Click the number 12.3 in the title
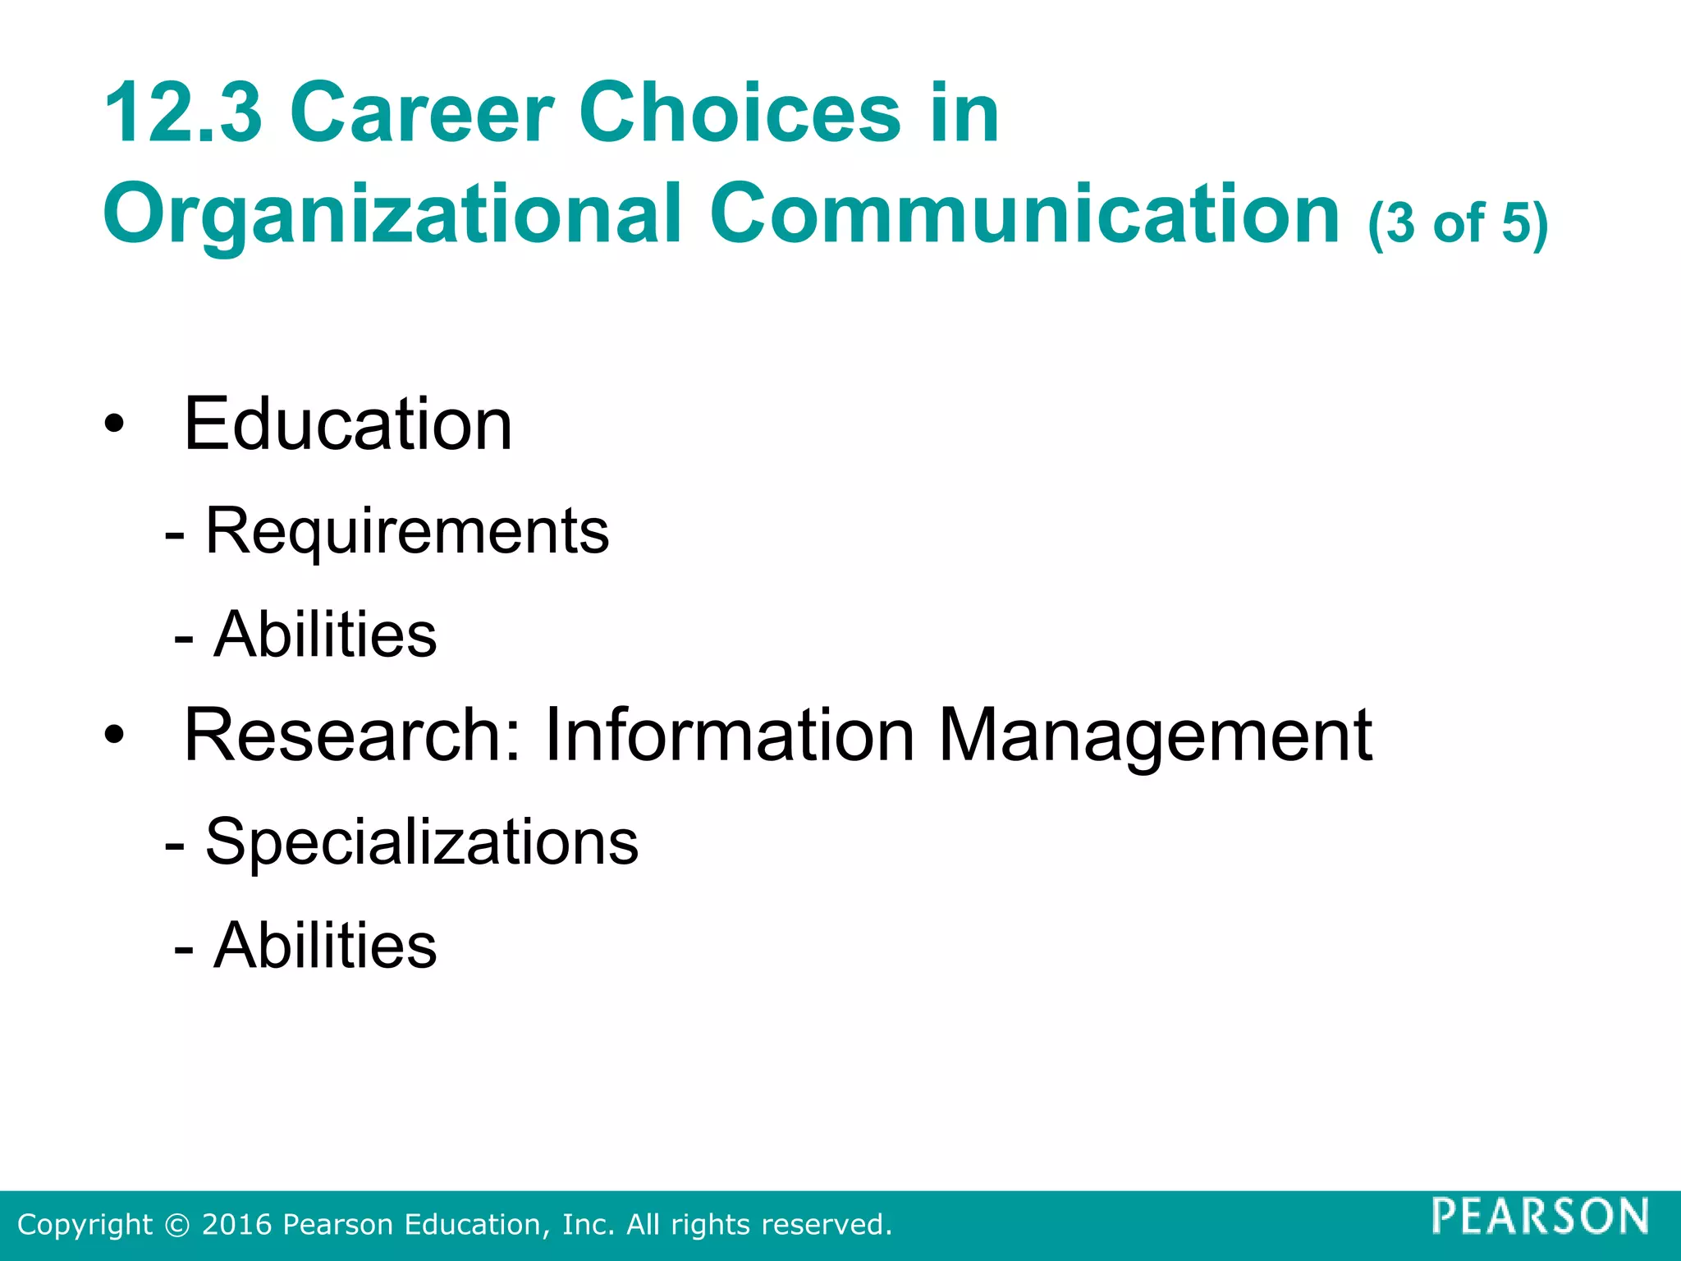click(183, 113)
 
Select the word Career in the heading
click(422, 113)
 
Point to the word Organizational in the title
click(392, 215)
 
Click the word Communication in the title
click(1024, 215)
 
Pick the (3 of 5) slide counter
click(1457, 223)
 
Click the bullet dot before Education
click(114, 425)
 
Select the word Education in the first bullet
click(348, 424)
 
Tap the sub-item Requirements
click(407, 532)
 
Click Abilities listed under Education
click(325, 635)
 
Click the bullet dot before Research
click(114, 735)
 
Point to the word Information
click(729, 735)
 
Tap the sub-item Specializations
click(421, 842)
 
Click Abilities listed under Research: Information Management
click(325, 945)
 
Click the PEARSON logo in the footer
click(1540, 1216)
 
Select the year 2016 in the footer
click(237, 1225)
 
